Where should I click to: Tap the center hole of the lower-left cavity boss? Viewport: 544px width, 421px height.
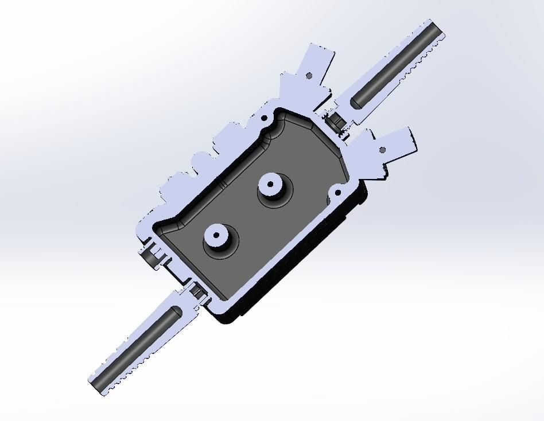point(216,234)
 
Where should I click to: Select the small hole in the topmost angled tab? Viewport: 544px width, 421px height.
point(309,75)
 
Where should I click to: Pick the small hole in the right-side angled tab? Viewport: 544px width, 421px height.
point(383,150)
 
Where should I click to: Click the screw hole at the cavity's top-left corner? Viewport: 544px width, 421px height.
point(265,118)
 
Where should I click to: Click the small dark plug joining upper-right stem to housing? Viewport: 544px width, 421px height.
point(334,122)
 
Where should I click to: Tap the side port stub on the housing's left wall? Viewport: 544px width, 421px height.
point(151,256)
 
